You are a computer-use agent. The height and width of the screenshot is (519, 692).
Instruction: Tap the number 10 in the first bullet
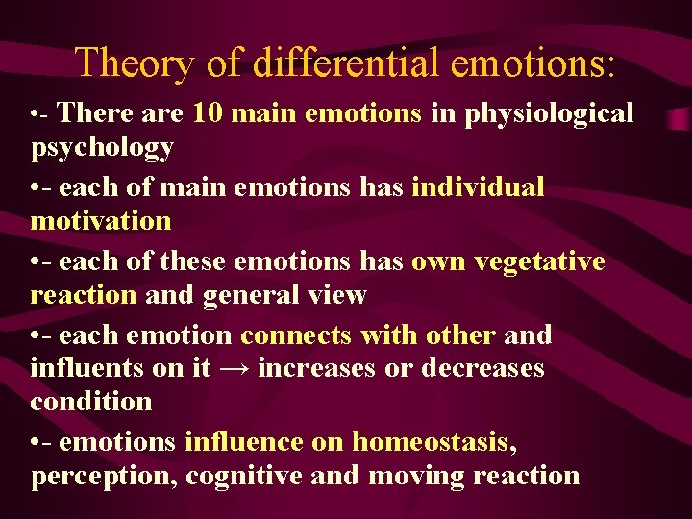(x=208, y=113)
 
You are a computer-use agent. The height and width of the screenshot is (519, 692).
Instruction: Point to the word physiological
(x=550, y=114)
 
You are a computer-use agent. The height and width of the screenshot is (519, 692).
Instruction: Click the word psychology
(x=102, y=148)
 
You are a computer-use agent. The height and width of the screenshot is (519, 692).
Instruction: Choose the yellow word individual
(x=478, y=186)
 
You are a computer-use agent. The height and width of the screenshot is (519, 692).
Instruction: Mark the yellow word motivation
(x=101, y=221)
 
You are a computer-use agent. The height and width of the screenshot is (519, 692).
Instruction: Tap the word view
(x=338, y=294)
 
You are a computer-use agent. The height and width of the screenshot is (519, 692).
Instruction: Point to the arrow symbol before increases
(x=235, y=369)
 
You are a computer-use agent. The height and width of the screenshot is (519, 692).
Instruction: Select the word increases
(x=315, y=368)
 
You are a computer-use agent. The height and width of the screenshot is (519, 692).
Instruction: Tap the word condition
(x=91, y=401)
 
